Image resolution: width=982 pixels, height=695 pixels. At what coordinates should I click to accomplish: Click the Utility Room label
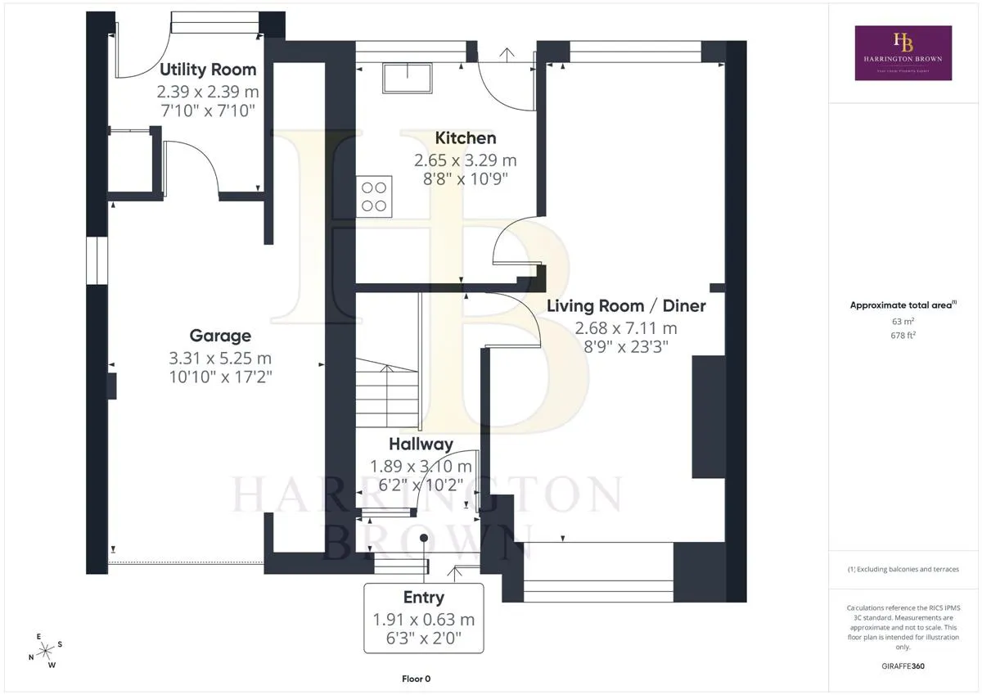(208, 70)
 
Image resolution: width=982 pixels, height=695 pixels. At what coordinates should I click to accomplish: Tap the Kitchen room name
(466, 138)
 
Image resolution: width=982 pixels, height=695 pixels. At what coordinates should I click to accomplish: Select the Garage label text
(220, 336)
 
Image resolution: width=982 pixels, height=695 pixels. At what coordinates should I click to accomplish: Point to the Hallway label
(421, 445)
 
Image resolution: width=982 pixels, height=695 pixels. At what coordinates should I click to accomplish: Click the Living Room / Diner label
(626, 306)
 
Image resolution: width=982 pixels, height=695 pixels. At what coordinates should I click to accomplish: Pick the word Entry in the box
(424, 598)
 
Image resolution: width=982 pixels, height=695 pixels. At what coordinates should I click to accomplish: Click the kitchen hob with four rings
(374, 196)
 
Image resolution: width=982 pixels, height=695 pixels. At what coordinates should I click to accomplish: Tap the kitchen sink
(408, 78)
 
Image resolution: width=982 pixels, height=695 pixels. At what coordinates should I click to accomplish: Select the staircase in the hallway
(386, 393)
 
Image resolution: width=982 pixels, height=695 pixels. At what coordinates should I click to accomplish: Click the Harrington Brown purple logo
(903, 52)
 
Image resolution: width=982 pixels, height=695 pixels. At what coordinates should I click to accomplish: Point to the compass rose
(46, 651)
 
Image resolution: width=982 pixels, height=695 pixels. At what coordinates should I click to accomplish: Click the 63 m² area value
(903, 322)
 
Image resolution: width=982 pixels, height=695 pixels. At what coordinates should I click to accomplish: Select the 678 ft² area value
(903, 336)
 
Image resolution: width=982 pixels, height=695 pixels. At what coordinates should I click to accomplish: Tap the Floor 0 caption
(416, 679)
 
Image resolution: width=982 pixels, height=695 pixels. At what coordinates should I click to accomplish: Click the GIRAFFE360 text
(903, 666)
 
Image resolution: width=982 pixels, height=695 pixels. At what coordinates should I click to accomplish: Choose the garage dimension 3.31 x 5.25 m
(220, 359)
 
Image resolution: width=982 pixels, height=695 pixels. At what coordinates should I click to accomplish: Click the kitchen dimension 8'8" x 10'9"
(466, 179)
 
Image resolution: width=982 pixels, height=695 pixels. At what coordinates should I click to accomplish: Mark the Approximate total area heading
(903, 305)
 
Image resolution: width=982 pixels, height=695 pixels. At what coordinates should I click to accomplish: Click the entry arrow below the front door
(455, 574)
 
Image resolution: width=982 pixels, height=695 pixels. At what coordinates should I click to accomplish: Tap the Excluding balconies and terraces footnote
(903, 569)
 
